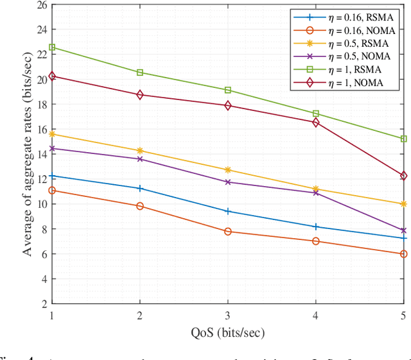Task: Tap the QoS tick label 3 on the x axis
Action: pos(227,316)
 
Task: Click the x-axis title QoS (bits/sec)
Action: pos(227,332)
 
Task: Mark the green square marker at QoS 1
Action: pos(53,47)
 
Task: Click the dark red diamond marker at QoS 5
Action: pos(403,176)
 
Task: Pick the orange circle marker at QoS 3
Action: pos(227,231)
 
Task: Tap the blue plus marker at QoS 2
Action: pos(140,188)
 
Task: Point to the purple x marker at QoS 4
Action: pos(315,193)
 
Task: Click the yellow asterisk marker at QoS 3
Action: pos(227,170)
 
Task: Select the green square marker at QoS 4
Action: pos(315,114)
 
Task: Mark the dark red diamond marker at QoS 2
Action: pos(140,95)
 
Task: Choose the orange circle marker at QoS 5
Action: pos(403,254)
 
